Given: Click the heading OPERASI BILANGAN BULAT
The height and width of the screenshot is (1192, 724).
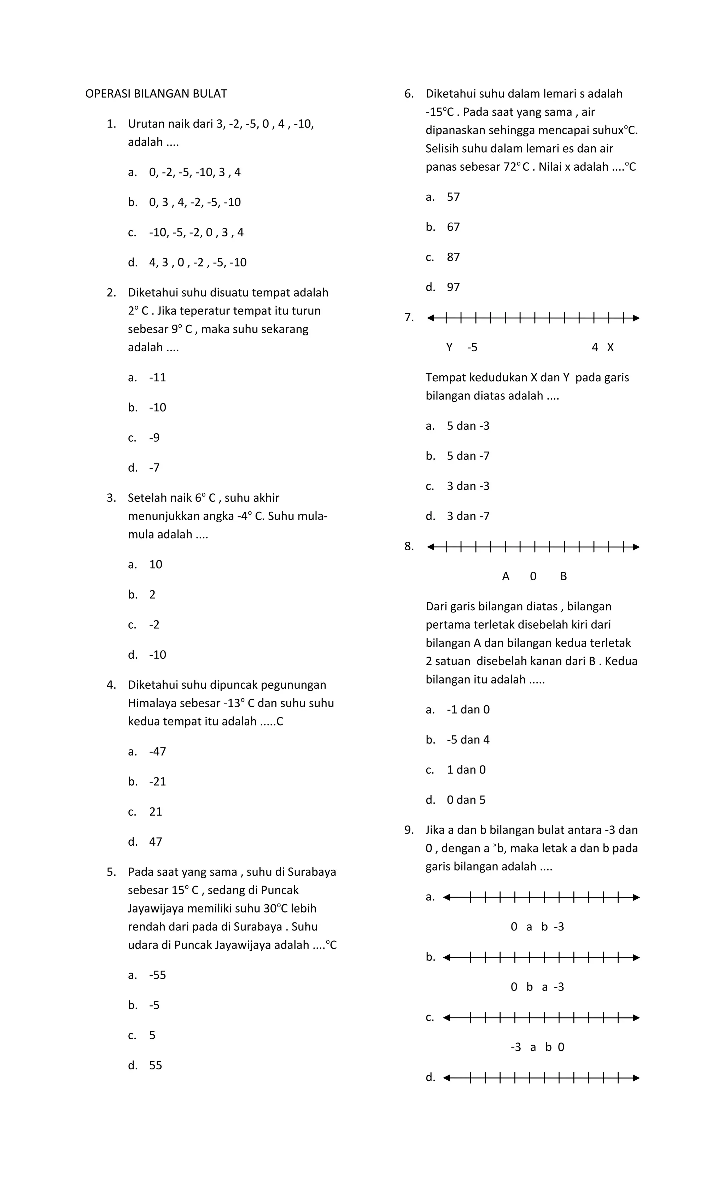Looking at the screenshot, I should tap(156, 94).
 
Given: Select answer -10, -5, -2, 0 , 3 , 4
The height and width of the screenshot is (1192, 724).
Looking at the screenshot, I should tap(196, 233).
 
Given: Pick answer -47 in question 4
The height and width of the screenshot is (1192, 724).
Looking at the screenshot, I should tap(157, 752).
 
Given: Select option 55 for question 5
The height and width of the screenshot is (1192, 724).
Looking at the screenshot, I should tap(155, 1066).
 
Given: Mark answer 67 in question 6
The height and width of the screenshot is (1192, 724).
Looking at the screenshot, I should tap(453, 227).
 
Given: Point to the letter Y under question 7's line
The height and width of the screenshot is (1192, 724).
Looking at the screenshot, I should tap(449, 347).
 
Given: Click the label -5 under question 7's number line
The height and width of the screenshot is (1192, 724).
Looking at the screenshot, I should tap(472, 347).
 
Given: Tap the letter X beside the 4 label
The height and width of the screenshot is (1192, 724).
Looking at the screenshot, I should tap(610, 347).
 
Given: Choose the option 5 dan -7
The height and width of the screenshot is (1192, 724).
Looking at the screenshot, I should tap(468, 456).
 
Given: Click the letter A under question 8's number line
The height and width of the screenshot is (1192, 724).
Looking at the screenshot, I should tap(506, 577).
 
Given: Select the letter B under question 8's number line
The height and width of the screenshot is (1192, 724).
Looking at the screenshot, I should tap(563, 577).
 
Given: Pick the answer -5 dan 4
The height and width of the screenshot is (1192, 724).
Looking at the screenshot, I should tap(468, 740).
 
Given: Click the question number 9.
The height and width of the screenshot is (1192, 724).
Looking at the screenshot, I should tap(409, 830).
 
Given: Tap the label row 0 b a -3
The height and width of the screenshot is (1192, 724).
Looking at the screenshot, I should tap(537, 987).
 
